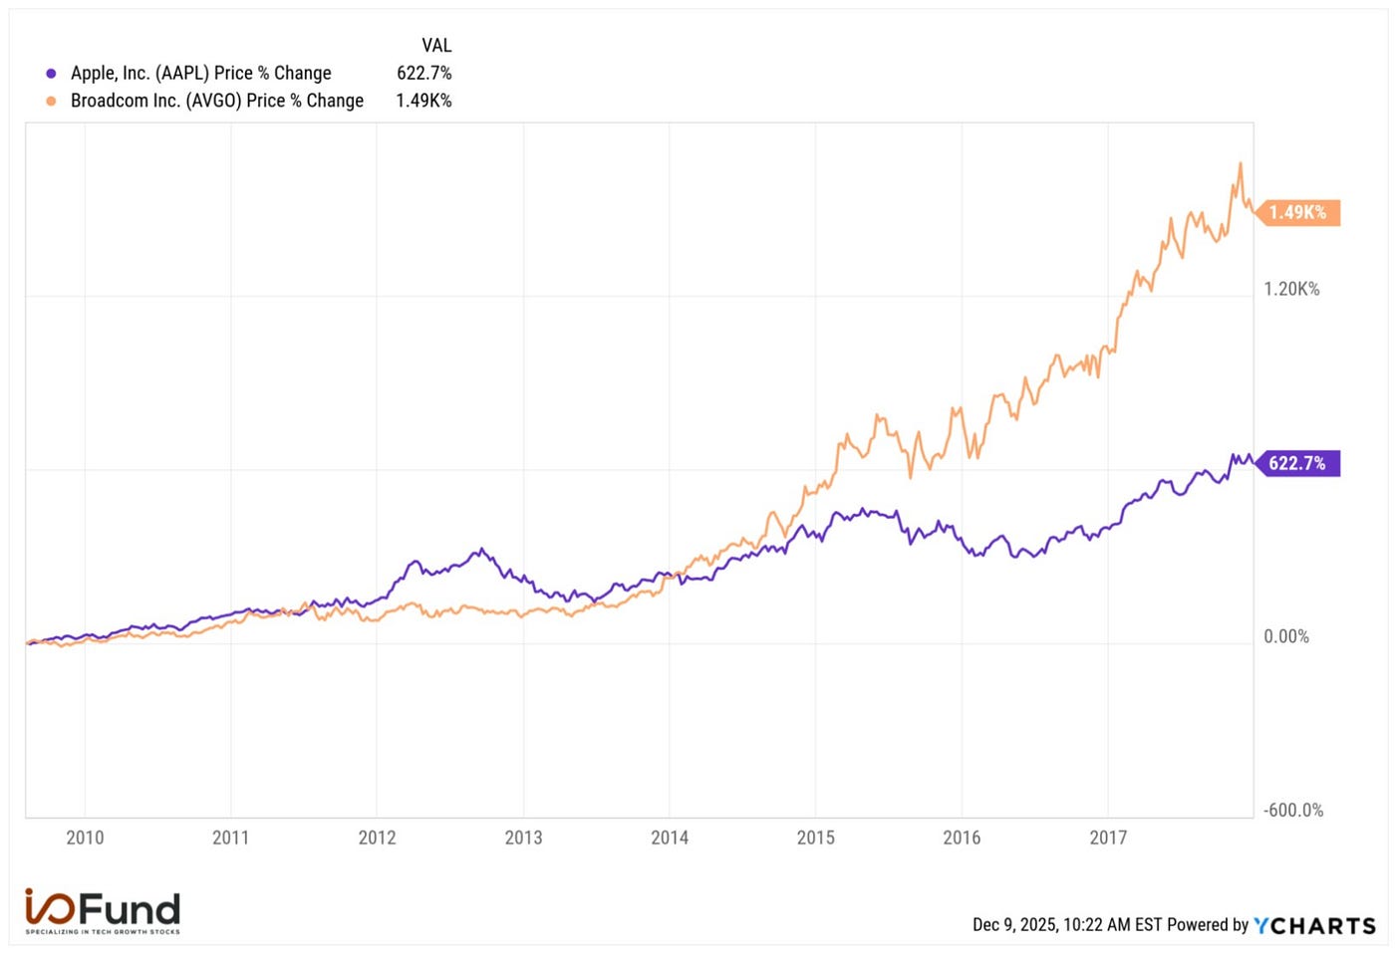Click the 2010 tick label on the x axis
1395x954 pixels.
[85, 837]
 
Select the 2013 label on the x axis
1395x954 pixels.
[523, 837]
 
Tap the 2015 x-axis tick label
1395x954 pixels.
[815, 837]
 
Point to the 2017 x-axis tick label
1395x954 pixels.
[1108, 837]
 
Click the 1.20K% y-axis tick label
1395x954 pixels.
[1291, 289]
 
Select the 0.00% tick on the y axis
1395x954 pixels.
[1286, 636]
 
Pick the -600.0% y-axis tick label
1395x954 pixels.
[1293, 810]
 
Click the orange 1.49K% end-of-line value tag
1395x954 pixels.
[1297, 212]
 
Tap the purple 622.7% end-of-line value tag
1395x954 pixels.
[1297, 463]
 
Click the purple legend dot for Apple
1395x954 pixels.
[51, 74]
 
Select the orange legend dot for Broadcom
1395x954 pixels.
[51, 101]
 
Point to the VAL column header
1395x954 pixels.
[436, 46]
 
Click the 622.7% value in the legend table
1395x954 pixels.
[424, 73]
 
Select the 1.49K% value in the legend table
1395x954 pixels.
[423, 101]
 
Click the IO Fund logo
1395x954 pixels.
[103, 910]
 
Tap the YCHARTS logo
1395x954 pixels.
[1314, 925]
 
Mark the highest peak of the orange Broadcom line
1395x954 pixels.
[1240, 163]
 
